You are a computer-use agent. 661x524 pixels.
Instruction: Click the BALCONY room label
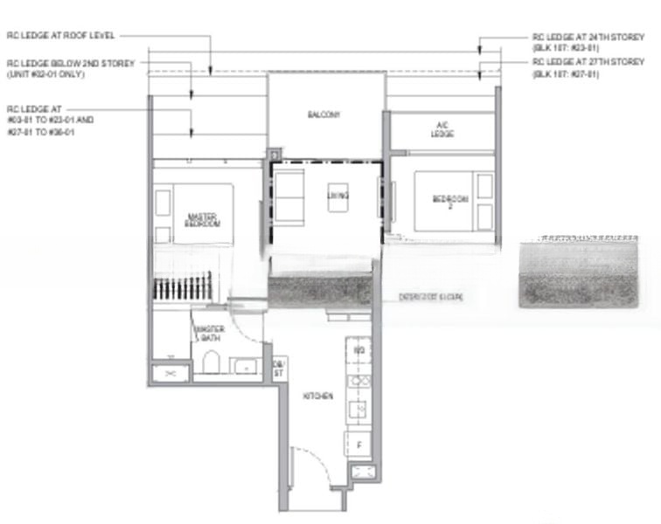323,114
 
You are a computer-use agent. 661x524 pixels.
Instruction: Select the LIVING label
337,196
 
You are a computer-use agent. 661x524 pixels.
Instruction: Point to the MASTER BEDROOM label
202,219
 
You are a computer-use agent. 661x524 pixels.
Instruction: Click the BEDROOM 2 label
450,203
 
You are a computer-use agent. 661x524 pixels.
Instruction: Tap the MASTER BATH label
211,333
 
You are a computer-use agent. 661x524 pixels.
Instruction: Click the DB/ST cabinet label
278,368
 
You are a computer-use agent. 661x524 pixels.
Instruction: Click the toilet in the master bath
211,361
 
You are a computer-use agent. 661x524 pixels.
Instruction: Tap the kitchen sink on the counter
358,407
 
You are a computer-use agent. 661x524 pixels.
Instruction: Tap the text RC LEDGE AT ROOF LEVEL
60,36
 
